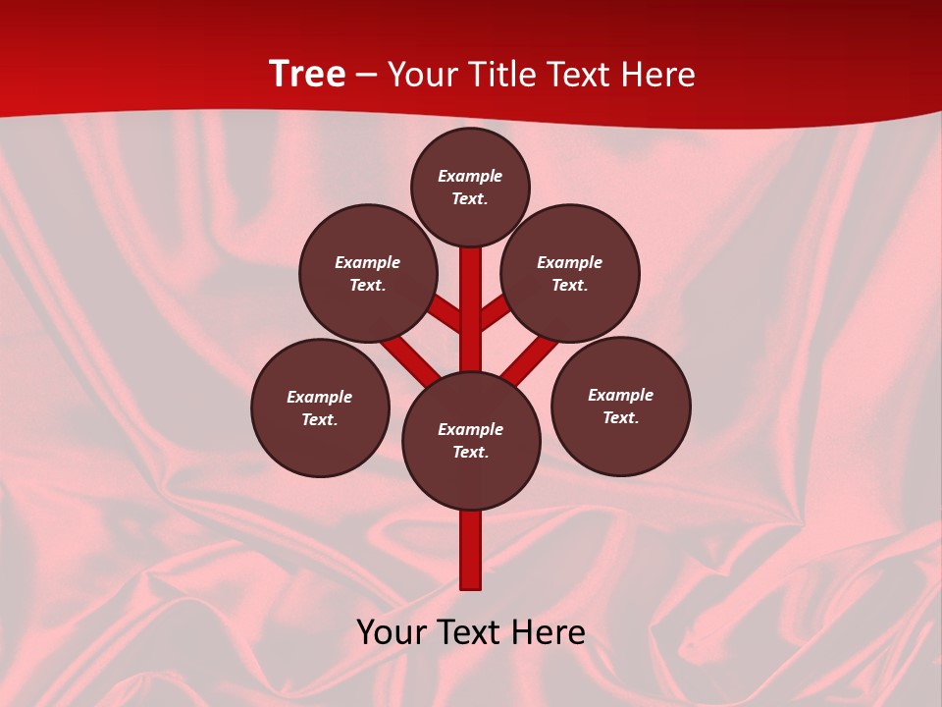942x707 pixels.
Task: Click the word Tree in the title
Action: click(307, 74)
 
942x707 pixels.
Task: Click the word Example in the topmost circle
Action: click(470, 176)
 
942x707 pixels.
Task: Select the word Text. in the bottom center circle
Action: click(470, 453)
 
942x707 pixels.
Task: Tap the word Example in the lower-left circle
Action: click(319, 397)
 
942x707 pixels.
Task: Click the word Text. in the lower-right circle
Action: click(620, 418)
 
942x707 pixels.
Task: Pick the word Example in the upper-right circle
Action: click(569, 262)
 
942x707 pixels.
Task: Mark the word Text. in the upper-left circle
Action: click(367, 286)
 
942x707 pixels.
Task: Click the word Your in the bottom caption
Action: click(390, 632)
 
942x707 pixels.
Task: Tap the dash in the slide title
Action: click(366, 75)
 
